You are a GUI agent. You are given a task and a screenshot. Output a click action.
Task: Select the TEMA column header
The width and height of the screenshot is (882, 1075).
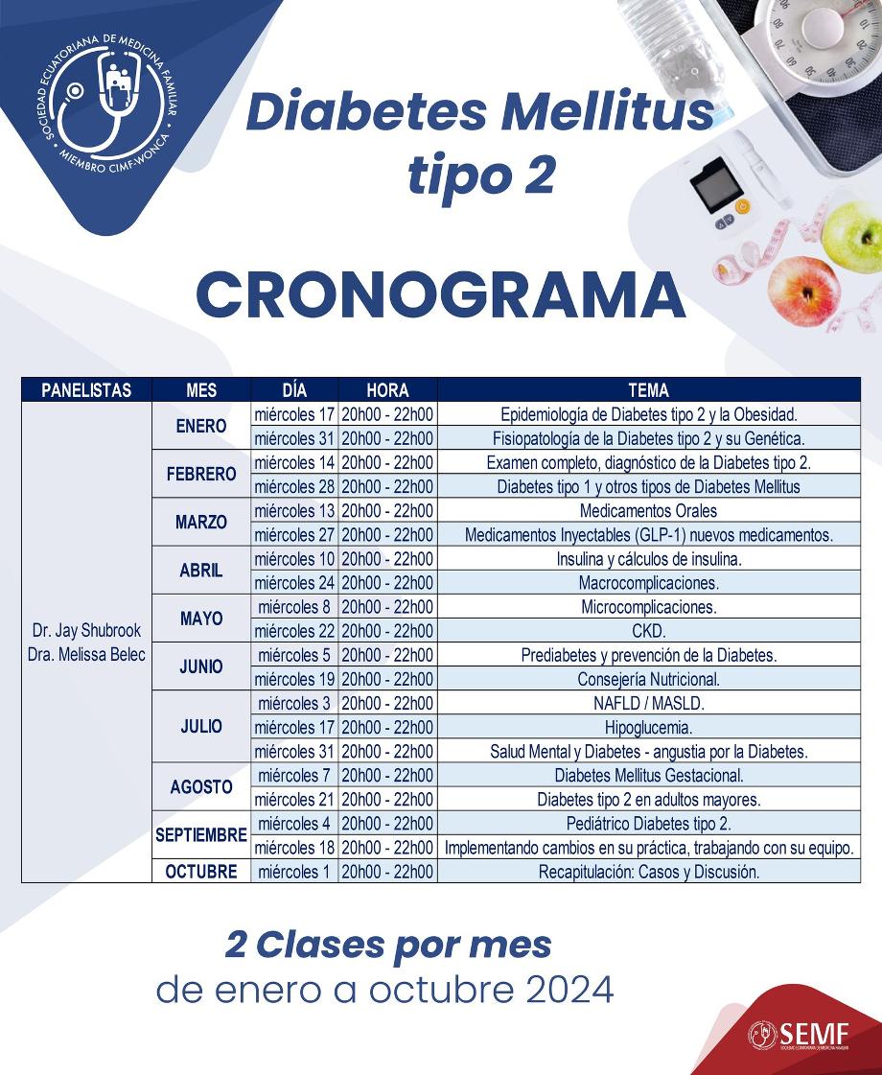click(x=648, y=390)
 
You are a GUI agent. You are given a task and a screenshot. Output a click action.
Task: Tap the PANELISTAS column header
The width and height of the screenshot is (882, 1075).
click(x=86, y=390)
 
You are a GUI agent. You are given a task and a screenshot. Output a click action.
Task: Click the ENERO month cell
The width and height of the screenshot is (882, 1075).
click(x=201, y=427)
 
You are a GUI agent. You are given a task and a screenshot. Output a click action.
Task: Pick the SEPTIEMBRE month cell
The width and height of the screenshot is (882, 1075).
click(x=201, y=835)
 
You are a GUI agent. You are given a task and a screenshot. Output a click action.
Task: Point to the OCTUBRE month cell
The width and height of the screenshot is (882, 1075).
click(x=201, y=872)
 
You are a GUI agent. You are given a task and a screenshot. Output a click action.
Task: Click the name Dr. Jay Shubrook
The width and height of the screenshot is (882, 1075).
click(x=86, y=631)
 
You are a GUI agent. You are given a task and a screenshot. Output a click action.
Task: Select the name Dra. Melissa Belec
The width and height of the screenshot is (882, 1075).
click(x=86, y=655)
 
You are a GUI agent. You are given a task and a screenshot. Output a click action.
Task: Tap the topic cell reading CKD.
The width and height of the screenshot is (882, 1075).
click(x=648, y=631)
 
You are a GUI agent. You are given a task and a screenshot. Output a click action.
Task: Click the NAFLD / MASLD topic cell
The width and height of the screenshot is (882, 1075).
click(x=648, y=703)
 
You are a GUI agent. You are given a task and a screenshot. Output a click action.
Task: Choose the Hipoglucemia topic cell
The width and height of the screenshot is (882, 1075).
click(x=648, y=727)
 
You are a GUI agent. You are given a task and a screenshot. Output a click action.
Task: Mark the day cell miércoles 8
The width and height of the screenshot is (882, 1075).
click(x=294, y=607)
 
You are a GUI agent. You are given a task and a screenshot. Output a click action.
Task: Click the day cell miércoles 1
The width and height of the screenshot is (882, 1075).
click(x=294, y=872)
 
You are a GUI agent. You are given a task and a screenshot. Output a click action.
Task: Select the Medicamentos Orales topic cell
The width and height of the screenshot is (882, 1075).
click(x=648, y=511)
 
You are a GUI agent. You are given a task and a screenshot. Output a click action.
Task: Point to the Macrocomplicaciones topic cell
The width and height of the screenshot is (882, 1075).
click(x=648, y=583)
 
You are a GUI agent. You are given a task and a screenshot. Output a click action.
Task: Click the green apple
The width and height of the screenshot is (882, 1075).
click(x=852, y=236)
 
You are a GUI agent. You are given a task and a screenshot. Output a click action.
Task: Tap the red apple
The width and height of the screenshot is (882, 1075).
click(x=805, y=287)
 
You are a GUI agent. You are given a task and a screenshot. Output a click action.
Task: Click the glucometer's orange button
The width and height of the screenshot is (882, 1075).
click(x=742, y=206)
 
